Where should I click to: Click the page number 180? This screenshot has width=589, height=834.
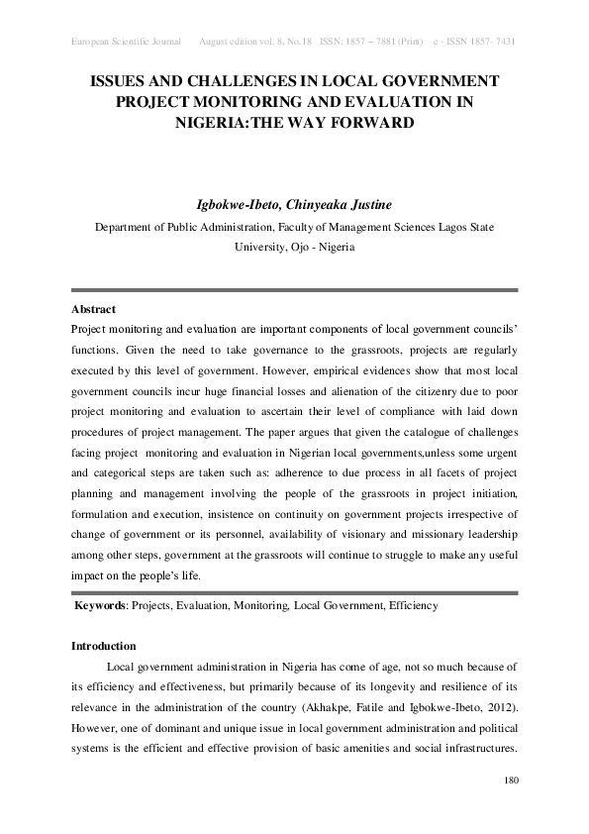511,782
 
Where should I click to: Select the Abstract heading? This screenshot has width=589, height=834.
93,309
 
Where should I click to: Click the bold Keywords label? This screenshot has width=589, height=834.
103,605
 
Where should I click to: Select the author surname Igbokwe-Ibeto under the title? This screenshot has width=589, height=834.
239,205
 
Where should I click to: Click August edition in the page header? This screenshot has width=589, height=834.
232,42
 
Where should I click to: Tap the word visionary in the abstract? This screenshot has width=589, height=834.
343,541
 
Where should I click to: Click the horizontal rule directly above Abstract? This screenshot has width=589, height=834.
294,290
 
